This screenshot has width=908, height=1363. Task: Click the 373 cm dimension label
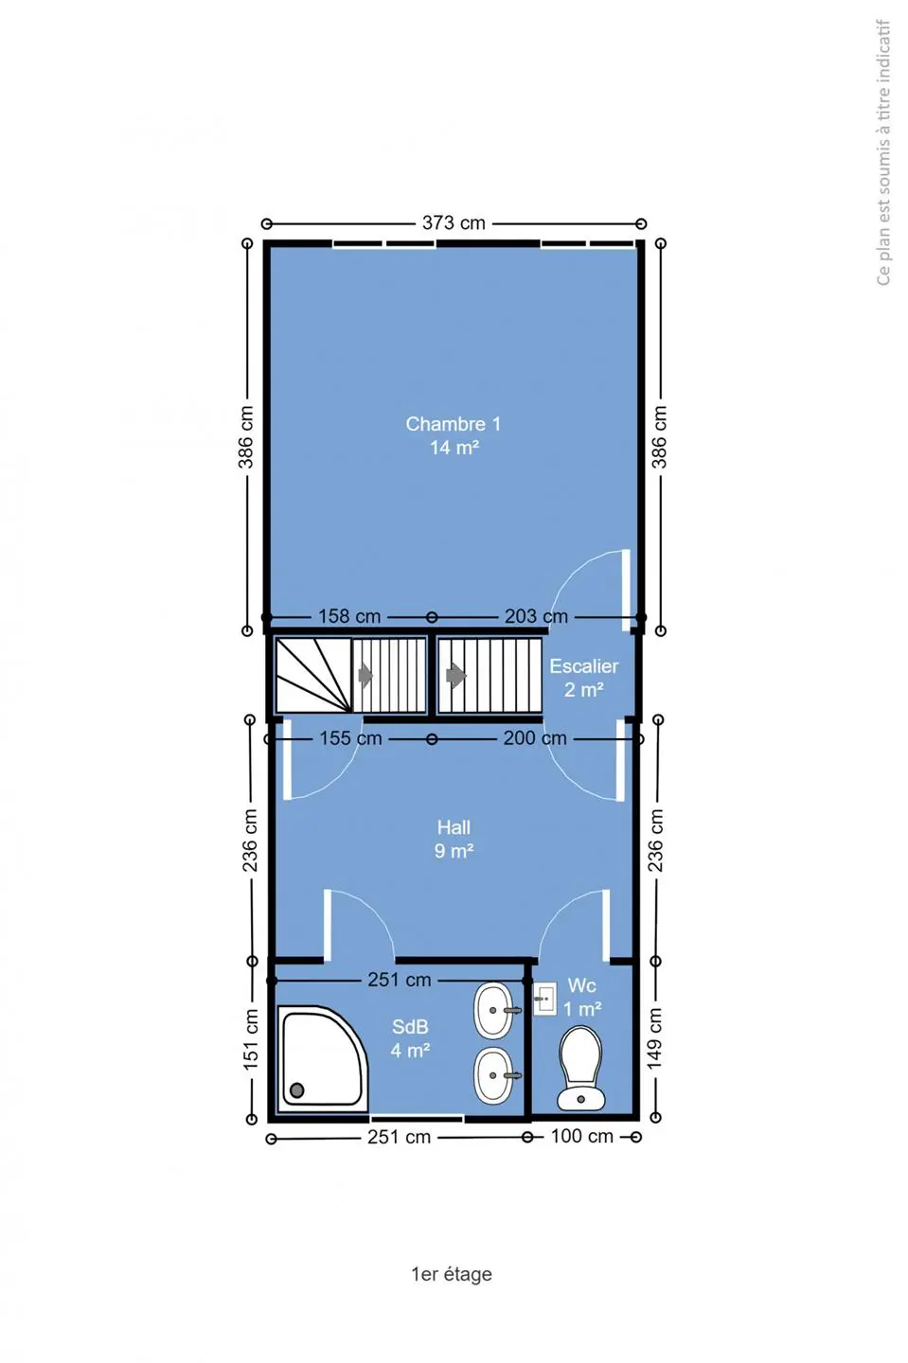pos(454,223)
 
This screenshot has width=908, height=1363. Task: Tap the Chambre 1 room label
pos(454,424)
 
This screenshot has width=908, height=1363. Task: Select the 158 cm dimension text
pos(349,616)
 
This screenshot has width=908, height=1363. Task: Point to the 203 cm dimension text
pos(536,616)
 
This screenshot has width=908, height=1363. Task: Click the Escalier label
pos(583,666)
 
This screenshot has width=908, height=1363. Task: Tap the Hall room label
pos(454,827)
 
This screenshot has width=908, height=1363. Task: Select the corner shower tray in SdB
pos(323,1059)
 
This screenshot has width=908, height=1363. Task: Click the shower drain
pos(297,1090)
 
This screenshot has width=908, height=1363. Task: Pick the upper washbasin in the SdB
pos(494,1011)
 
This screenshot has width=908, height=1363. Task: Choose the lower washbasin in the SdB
pos(494,1075)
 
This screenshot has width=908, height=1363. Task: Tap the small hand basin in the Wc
pos(544,999)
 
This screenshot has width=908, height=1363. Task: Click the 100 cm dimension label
pos(581,1136)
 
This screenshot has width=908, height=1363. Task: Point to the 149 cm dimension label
pos(655,1038)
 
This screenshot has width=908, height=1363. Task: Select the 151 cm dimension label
pos(251,1038)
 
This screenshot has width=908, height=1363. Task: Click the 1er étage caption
pos(452,1274)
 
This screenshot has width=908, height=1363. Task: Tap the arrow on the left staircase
pos(365,676)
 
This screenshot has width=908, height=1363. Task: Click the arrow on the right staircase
pos(456,676)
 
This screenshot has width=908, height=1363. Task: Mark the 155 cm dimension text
pos(350,738)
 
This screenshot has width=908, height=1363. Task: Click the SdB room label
pos(410,1026)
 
